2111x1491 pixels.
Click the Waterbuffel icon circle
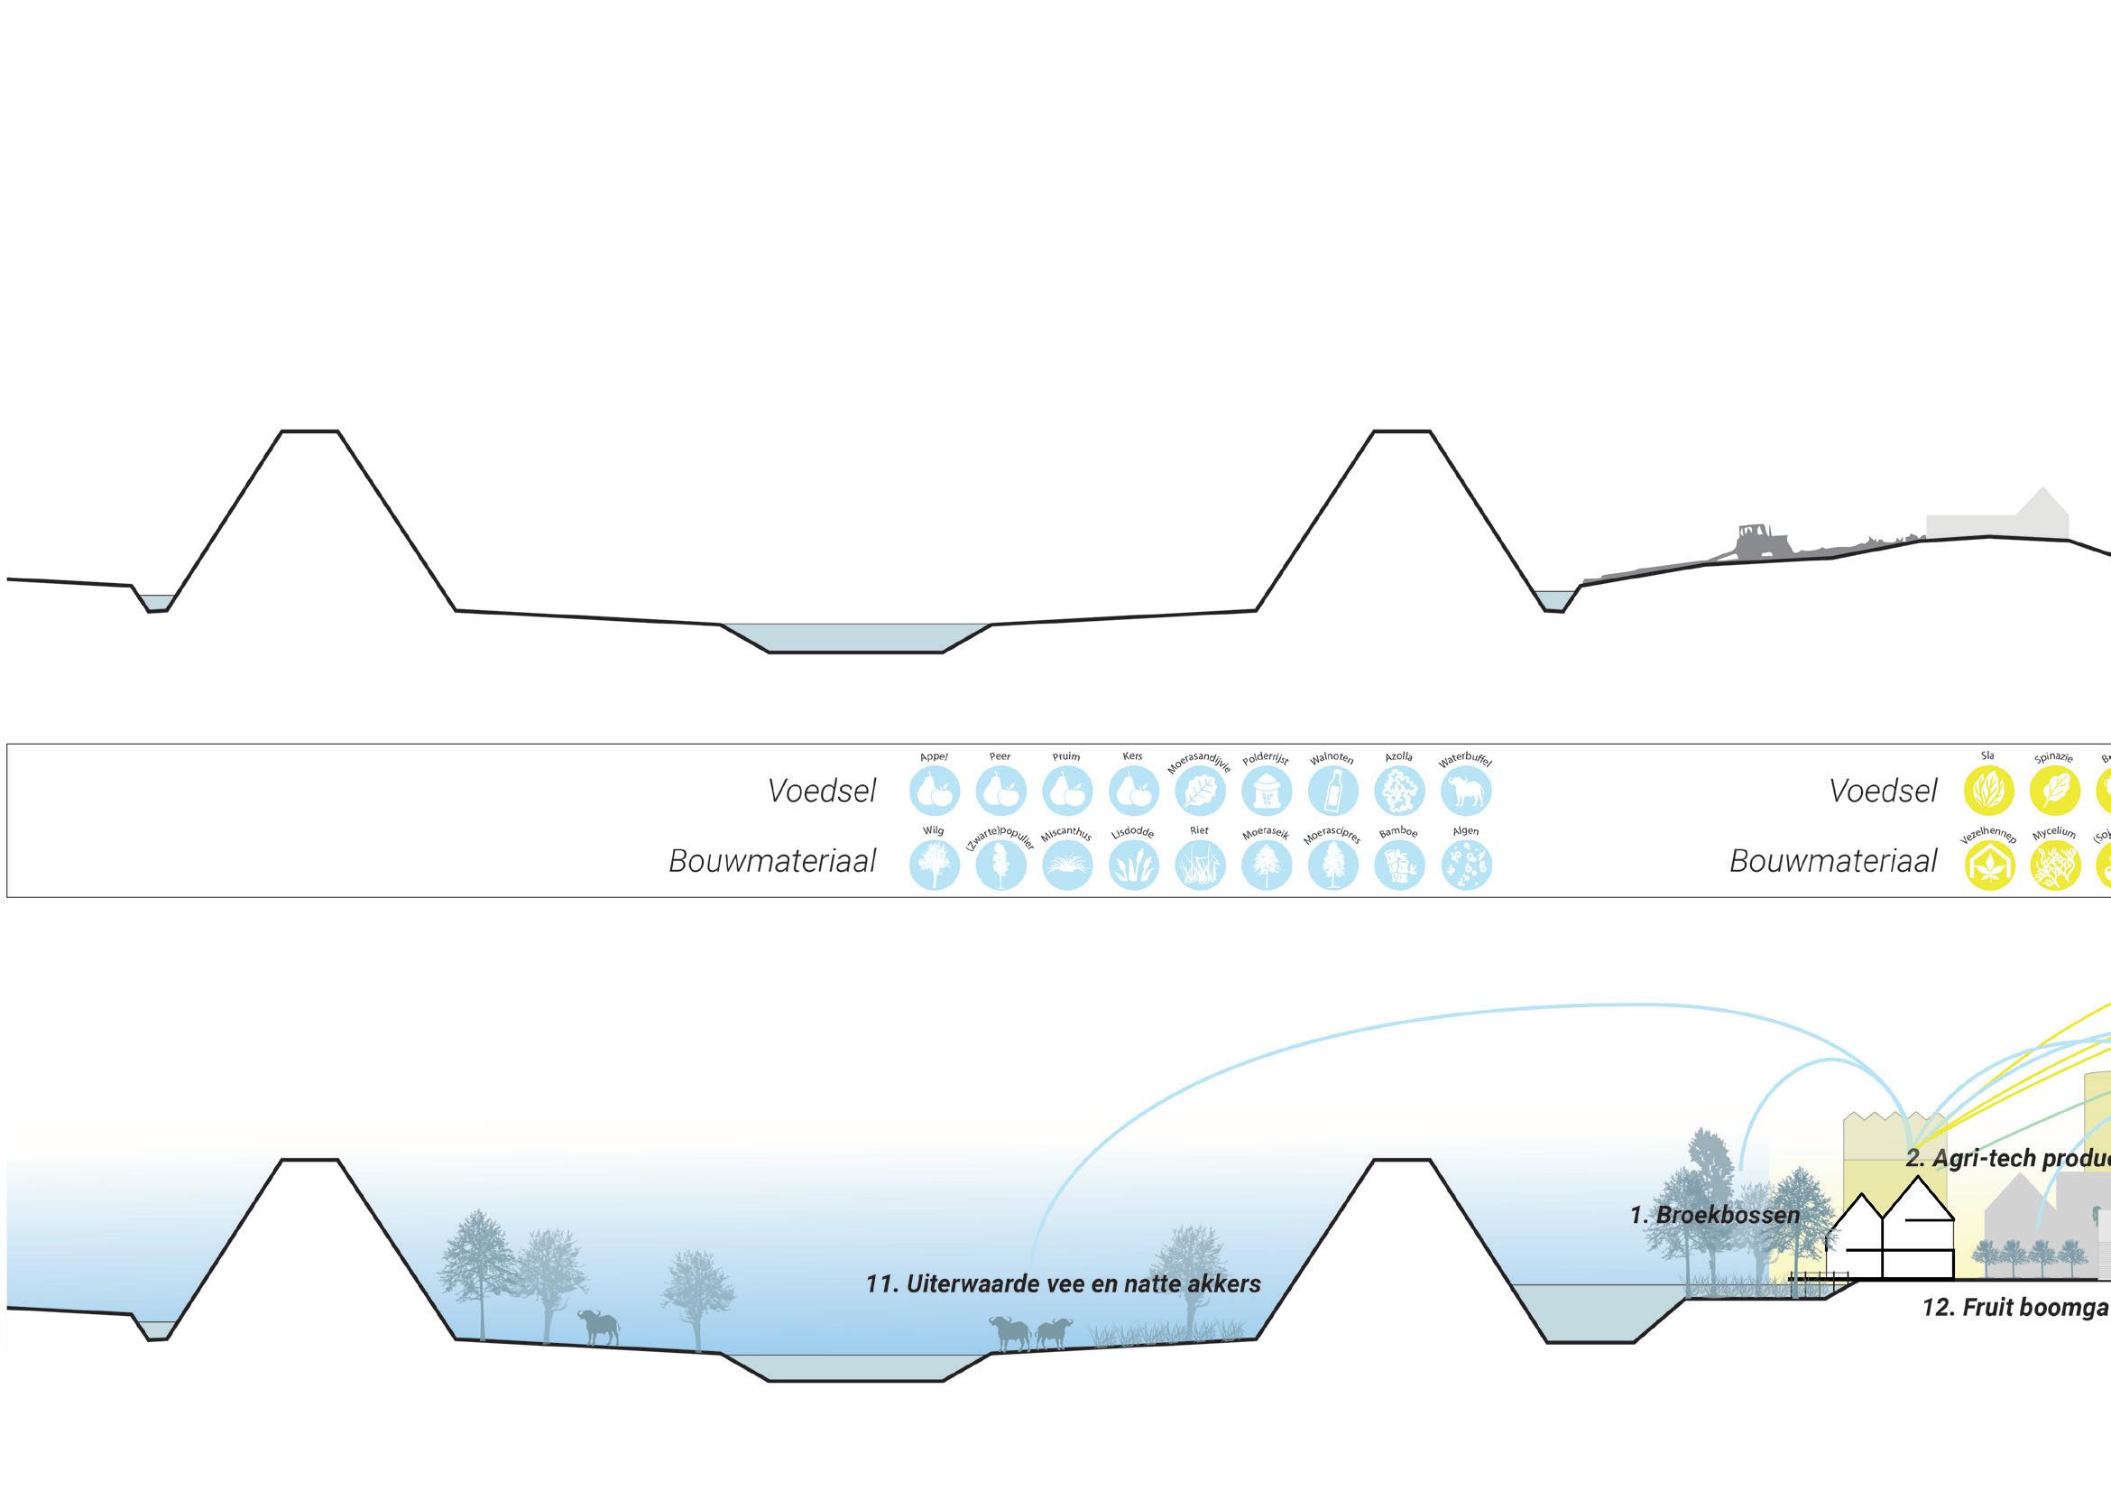click(x=1466, y=791)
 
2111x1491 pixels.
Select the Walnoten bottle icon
click(x=1333, y=791)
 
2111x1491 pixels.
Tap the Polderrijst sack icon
click(x=1266, y=791)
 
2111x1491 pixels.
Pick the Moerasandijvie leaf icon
click(x=1200, y=791)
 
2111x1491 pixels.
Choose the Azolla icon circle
click(x=1399, y=791)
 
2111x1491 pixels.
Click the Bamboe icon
click(x=1399, y=865)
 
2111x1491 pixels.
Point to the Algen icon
click(x=1466, y=865)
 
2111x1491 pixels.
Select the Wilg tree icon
click(x=934, y=865)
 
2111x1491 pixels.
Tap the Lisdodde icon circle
click(x=1134, y=865)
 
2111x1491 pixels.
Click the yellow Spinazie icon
click(x=2054, y=791)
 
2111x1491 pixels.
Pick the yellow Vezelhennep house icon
click(x=1988, y=865)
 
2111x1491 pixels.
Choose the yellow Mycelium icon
click(x=2054, y=865)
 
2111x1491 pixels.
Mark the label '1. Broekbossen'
click(x=1715, y=1215)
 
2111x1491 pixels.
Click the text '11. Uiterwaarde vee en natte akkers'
click(x=1063, y=1284)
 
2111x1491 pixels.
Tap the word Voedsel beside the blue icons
click(x=822, y=791)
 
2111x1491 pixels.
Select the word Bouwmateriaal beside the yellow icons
click(x=1833, y=861)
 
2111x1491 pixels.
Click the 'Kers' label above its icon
click(x=1133, y=756)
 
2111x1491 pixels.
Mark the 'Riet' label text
click(x=1199, y=830)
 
